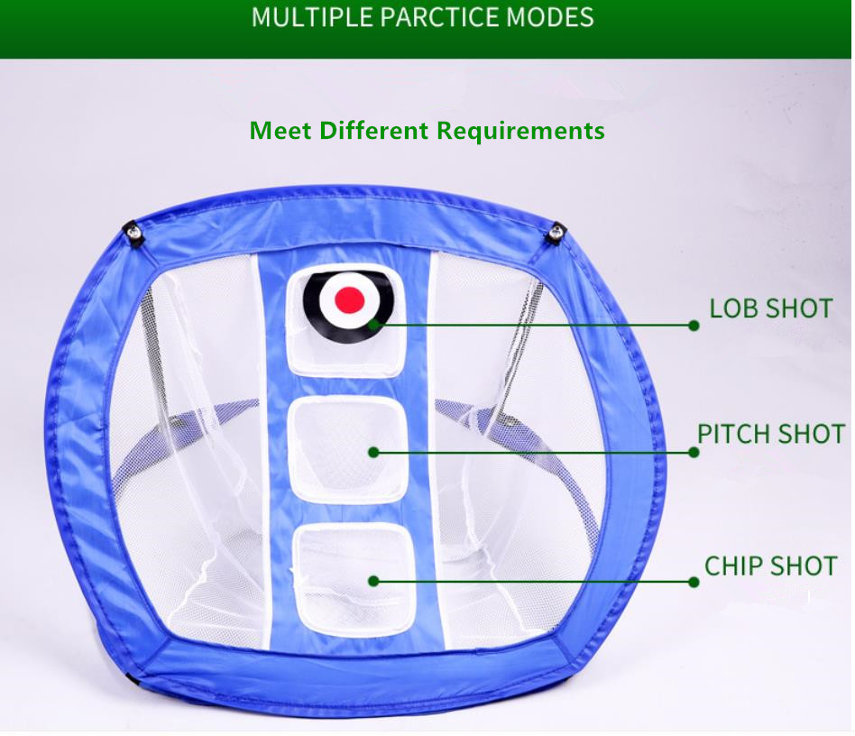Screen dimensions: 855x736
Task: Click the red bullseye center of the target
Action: [350, 300]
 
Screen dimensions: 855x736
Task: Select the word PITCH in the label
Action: [733, 435]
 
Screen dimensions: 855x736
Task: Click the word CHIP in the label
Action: [733, 566]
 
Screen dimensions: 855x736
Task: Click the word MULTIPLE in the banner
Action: [312, 17]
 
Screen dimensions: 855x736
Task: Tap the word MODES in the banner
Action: [550, 17]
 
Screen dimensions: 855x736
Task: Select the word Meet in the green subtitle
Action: [280, 131]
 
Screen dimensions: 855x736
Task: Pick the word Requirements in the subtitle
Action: [520, 132]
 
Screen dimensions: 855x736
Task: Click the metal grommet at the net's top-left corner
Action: [133, 233]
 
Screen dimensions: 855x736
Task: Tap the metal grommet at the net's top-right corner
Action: [556, 234]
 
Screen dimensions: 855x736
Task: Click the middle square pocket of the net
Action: [348, 449]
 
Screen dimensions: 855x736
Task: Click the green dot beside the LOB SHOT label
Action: [694, 326]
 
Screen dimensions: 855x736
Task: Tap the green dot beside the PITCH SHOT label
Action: [694, 452]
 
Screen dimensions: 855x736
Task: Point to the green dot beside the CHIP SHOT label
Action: [694, 583]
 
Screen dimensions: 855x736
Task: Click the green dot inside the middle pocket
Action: [373, 452]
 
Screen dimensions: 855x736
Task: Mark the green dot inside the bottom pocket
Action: [373, 581]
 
